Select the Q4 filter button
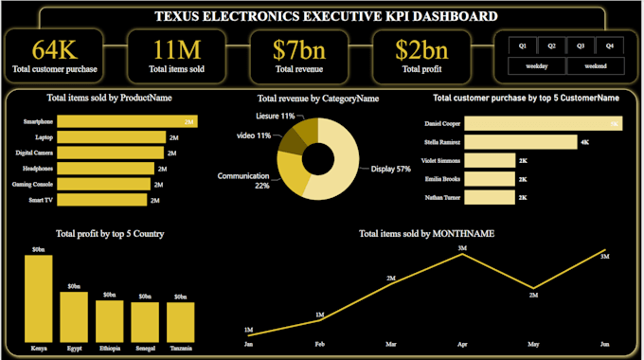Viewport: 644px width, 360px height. [609, 45]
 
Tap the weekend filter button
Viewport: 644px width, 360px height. [595, 65]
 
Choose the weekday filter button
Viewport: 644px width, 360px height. [537, 65]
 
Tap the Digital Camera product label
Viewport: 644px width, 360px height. [35, 153]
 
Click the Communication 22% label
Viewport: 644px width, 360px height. [243, 180]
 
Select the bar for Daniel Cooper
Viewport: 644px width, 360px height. [544, 123]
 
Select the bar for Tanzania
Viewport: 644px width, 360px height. [180, 321]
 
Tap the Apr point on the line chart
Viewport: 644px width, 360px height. [462, 256]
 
